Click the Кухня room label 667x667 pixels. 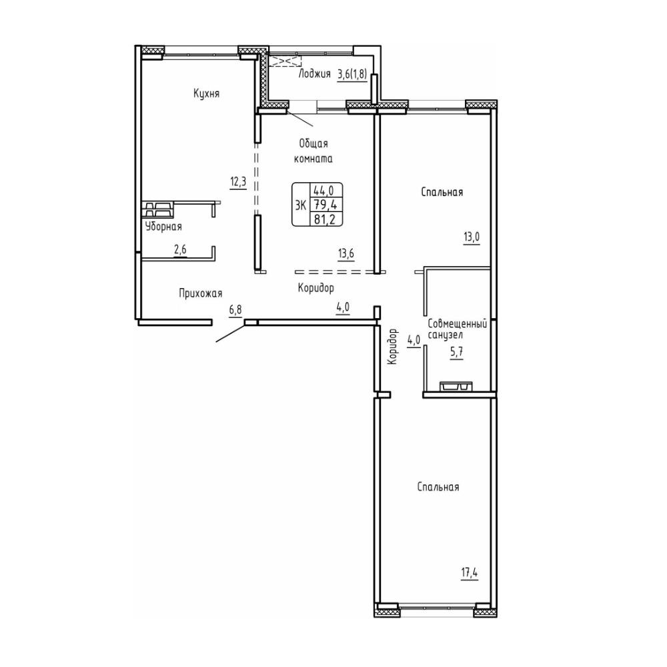coord(206,93)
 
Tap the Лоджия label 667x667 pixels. coord(314,73)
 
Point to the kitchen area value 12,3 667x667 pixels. coord(238,182)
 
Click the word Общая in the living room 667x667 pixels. coord(313,144)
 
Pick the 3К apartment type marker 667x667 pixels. coord(301,205)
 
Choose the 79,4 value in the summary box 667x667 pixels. coord(325,205)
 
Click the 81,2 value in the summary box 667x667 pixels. coord(325,219)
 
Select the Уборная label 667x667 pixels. coord(163,227)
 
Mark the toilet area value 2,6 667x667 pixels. coord(180,249)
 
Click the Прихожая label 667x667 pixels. coord(200,293)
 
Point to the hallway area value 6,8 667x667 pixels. coord(235,309)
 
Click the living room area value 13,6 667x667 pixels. coord(346,254)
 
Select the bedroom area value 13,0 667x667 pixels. coord(472,237)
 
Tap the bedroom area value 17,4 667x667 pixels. coord(470,573)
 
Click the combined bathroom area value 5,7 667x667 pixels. coord(457,352)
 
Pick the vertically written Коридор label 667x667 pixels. coord(392,346)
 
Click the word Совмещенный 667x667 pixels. coord(458,323)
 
